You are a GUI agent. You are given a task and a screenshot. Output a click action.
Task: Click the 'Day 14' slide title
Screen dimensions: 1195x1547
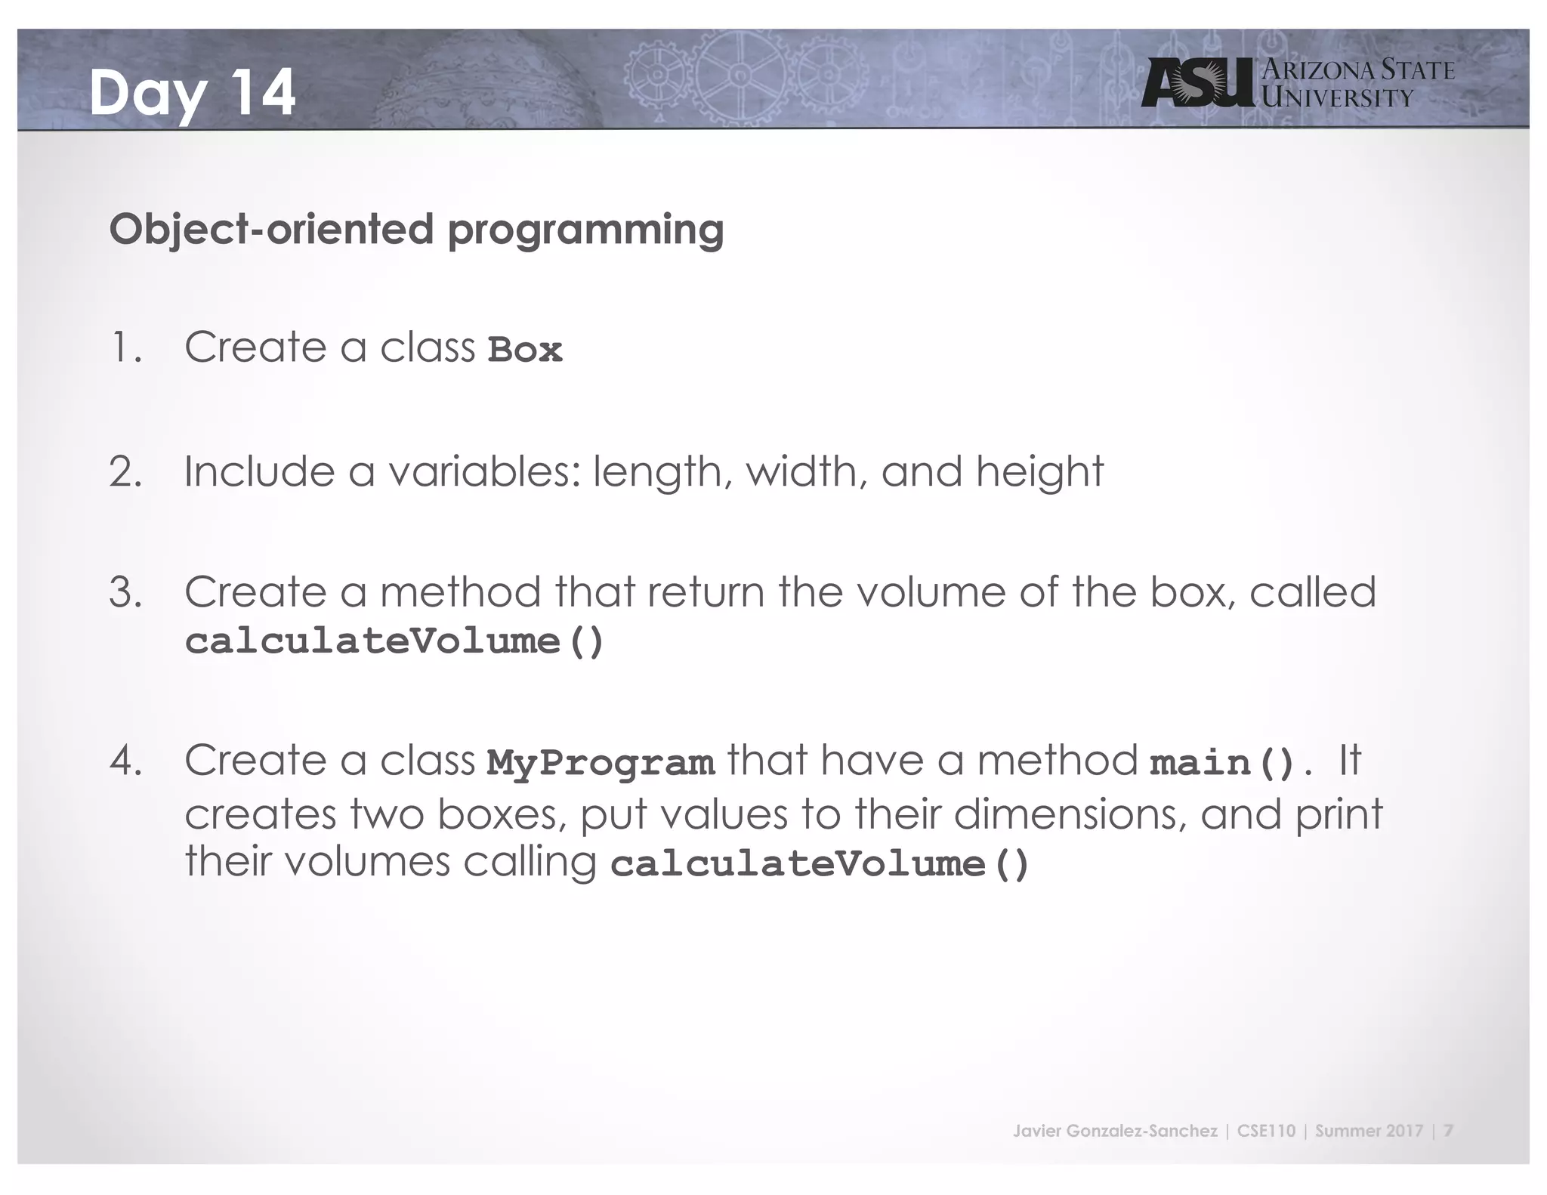click(192, 93)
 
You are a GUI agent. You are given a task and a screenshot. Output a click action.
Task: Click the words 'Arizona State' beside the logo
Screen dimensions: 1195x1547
click(1358, 70)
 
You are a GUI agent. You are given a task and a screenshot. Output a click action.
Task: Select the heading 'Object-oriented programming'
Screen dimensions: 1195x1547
click(416, 230)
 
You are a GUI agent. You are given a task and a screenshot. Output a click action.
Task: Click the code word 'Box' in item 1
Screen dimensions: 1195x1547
click(525, 350)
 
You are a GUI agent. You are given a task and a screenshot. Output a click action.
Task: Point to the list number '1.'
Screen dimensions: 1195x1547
click(126, 348)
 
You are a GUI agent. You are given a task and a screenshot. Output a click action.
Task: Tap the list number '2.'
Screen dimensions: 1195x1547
click(126, 472)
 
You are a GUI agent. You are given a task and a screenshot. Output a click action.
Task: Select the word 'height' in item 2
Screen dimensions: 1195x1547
click(1039, 472)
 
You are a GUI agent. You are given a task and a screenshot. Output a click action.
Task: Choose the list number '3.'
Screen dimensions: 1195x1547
click(126, 592)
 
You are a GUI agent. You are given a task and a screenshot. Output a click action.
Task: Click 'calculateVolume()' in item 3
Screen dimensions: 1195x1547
click(394, 642)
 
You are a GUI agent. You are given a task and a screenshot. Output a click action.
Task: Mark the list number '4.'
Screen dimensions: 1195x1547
click(126, 761)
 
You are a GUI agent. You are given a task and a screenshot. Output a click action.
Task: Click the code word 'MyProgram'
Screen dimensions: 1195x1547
click(601, 763)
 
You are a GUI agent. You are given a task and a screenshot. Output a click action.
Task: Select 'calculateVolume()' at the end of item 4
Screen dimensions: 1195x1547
click(820, 864)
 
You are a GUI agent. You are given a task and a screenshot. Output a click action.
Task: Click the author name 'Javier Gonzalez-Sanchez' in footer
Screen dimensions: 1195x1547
click(1115, 1131)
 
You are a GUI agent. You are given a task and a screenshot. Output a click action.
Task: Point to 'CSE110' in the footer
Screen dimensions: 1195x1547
click(1266, 1131)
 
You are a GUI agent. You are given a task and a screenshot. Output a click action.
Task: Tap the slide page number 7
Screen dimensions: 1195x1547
click(1448, 1131)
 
